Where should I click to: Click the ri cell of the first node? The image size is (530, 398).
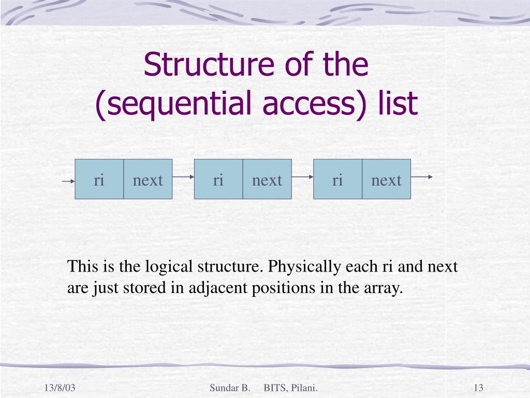[99, 180]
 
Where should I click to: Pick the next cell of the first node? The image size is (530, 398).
[148, 180]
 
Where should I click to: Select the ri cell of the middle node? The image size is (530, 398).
[218, 180]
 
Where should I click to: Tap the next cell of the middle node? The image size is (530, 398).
[267, 180]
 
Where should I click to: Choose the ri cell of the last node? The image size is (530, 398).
[337, 180]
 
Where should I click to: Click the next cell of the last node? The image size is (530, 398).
[386, 180]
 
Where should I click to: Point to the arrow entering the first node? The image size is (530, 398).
[68, 181]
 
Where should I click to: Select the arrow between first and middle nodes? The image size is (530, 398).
[183, 177]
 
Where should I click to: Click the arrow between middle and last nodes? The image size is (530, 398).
[302, 177]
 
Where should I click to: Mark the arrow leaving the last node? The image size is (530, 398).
[422, 177]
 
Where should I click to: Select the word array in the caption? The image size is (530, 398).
[387, 288]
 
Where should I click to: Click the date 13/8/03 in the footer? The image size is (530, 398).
[60, 388]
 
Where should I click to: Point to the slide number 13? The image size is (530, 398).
[478, 388]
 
